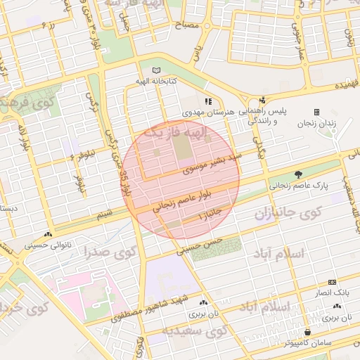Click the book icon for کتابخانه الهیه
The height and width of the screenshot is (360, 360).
[156, 70]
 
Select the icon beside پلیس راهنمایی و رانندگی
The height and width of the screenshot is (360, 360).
[262, 101]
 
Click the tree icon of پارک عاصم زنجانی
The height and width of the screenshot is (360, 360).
[300, 174]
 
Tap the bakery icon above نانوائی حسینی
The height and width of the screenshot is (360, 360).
[48, 235]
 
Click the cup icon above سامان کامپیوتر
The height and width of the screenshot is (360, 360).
[308, 332]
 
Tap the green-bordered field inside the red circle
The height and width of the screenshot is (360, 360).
[181, 146]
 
